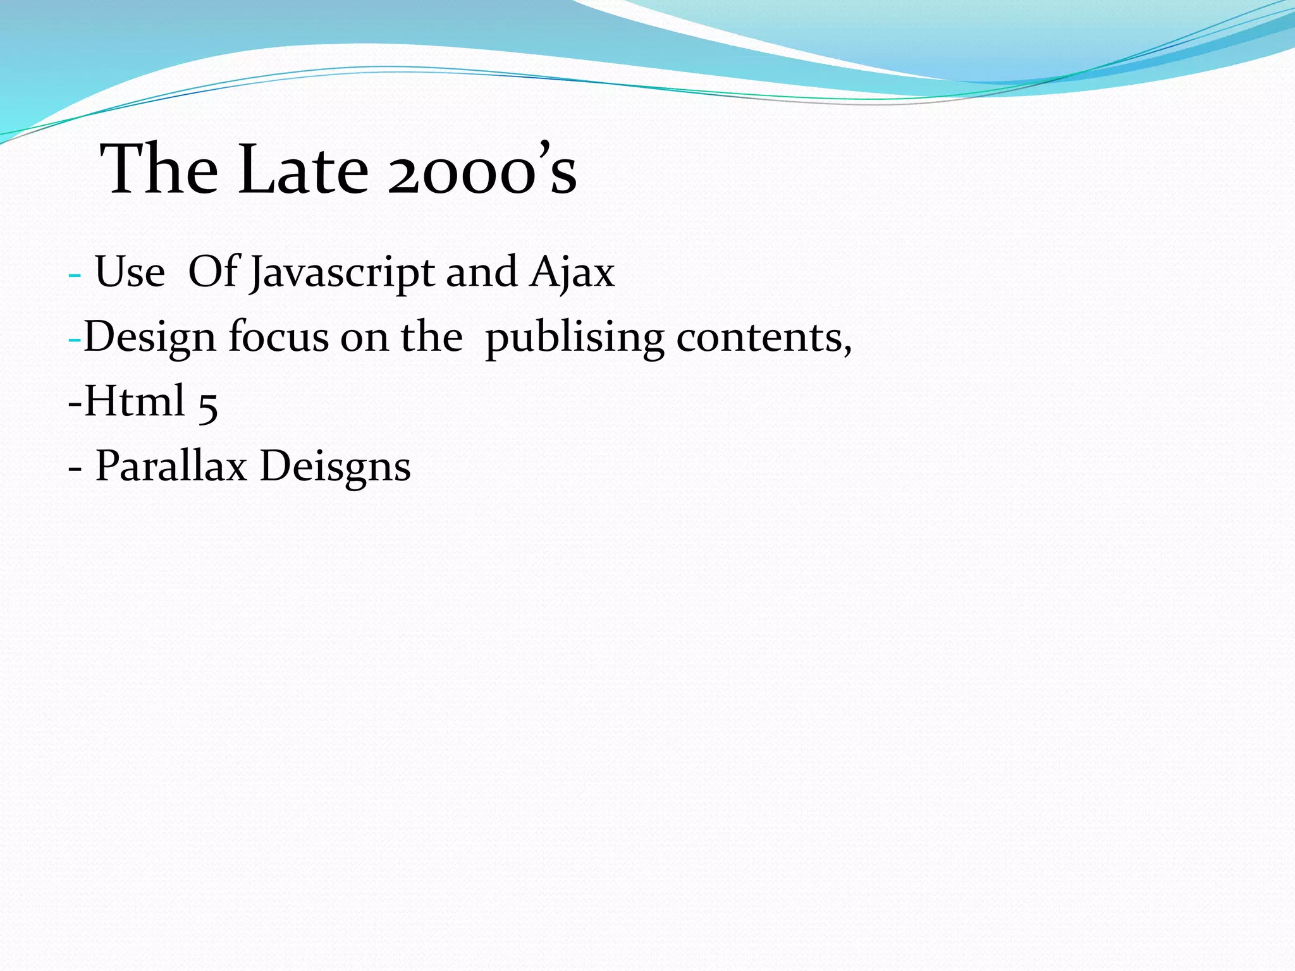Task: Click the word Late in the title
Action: click(303, 169)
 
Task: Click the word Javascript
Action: click(342, 273)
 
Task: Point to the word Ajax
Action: click(572, 273)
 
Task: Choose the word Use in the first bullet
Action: click(130, 272)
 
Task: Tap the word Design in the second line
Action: click(149, 338)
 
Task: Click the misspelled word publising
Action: click(574, 339)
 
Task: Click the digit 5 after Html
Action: click(208, 405)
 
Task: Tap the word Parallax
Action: click(171, 467)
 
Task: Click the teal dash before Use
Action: click(75, 276)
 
